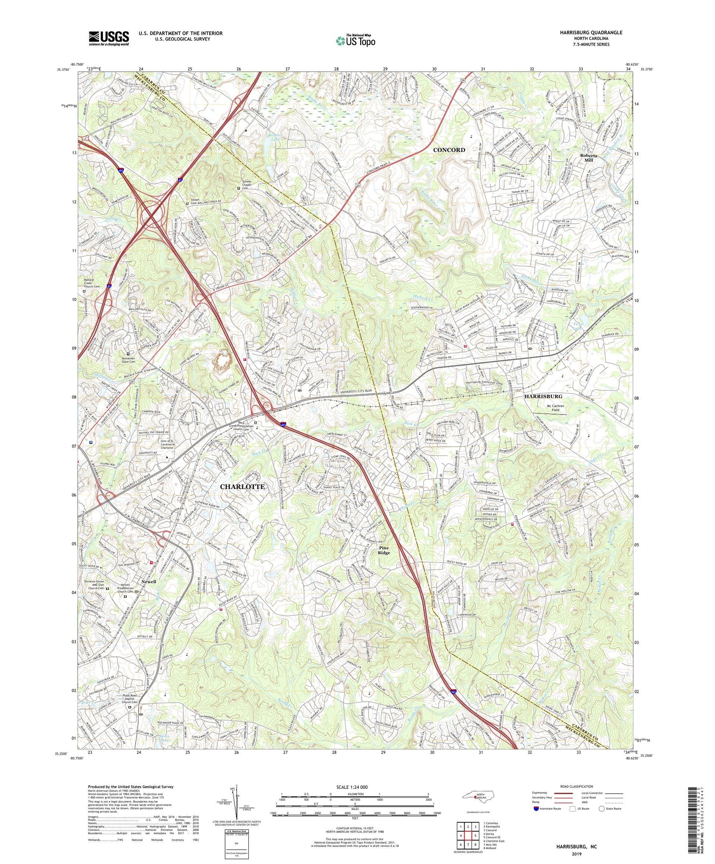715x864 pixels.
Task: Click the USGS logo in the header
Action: click(x=109, y=38)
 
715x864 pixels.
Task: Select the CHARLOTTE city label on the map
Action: click(x=242, y=486)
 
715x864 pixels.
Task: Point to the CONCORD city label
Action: click(x=449, y=149)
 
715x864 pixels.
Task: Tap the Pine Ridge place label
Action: click(x=384, y=551)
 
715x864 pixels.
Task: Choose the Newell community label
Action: click(x=148, y=581)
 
